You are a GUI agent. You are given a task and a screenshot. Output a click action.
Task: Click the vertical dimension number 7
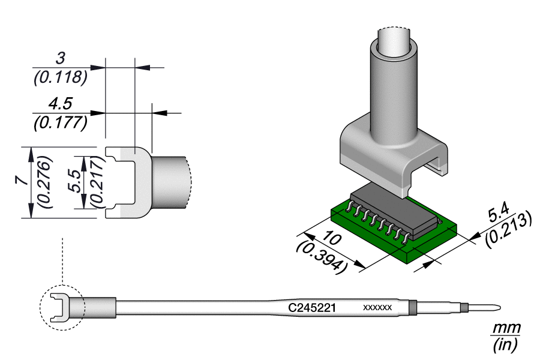[x=22, y=182]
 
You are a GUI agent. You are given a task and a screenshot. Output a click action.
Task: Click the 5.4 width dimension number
[x=499, y=213]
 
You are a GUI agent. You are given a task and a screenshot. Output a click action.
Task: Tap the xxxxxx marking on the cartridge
[x=378, y=308]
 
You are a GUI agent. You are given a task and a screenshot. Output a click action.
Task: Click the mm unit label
[x=505, y=329]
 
